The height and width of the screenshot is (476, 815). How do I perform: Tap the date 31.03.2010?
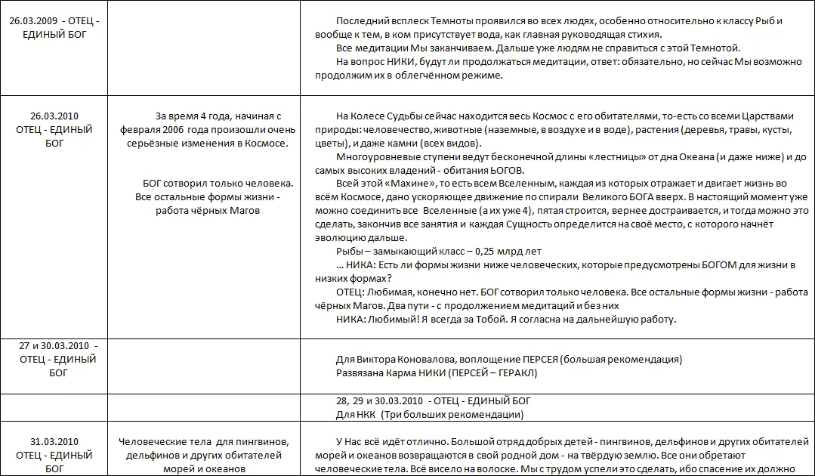[x=54, y=442]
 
